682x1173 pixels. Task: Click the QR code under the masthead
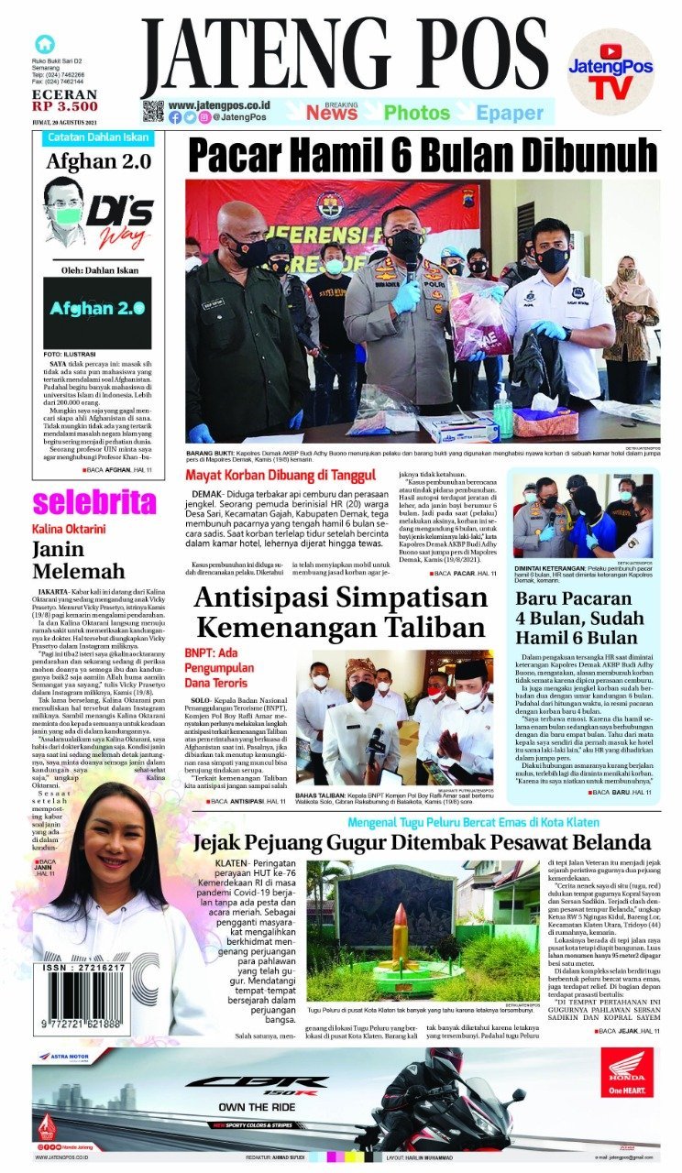coord(152,112)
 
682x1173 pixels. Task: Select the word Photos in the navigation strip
coord(416,113)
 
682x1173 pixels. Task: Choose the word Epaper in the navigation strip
coord(510,113)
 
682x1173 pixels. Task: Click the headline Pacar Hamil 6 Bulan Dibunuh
coord(423,155)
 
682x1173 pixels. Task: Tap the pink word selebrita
coord(94,502)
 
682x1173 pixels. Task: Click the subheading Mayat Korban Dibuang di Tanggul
coord(280,475)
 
